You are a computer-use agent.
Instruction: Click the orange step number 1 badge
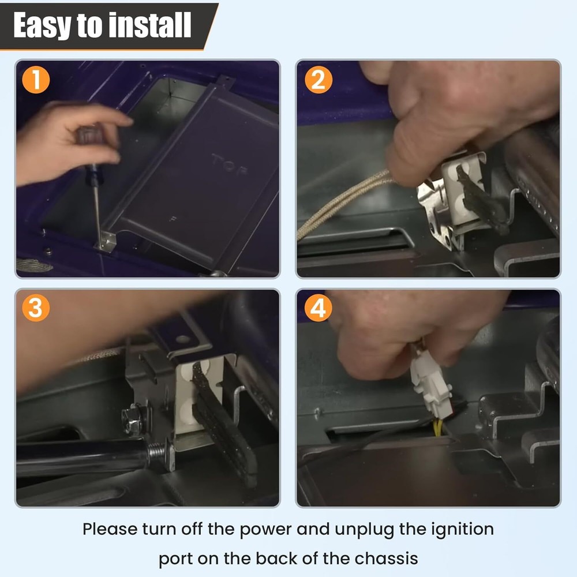pos(36,80)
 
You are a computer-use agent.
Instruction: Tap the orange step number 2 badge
pos(319,80)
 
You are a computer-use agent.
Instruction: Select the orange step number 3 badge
pos(36,308)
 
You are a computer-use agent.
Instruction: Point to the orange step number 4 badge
pos(319,308)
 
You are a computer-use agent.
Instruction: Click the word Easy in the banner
pos(42,25)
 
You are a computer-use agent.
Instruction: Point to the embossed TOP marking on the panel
pos(229,164)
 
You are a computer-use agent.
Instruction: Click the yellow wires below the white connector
pos(438,428)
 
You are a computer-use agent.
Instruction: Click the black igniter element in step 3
pos(224,423)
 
